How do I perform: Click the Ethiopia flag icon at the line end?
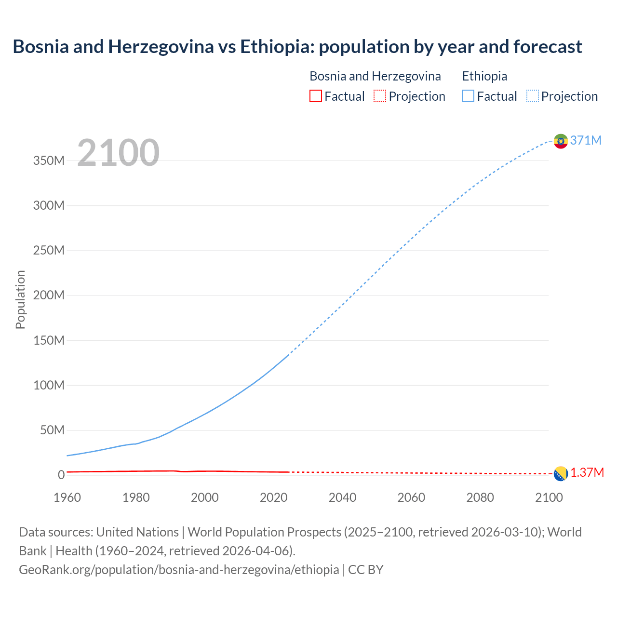click(561, 141)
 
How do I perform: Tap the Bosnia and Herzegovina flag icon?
click(561, 474)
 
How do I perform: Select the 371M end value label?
click(586, 140)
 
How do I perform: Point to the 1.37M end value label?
click(587, 473)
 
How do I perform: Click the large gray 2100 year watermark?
click(118, 153)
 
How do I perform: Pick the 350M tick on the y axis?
click(49, 161)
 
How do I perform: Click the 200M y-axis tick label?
click(49, 295)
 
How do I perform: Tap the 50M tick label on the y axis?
click(52, 430)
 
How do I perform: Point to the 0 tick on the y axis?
click(61, 475)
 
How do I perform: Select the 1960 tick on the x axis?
click(67, 497)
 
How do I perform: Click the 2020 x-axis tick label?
click(273, 497)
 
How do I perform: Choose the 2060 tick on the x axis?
click(411, 497)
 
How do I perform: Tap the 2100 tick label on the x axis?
click(549, 497)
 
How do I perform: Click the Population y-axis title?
click(20, 299)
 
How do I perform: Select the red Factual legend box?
click(315, 96)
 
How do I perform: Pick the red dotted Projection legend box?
click(380, 96)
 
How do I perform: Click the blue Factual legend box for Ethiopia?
click(468, 96)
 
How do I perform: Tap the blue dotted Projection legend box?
click(533, 96)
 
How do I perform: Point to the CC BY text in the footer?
click(366, 570)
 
